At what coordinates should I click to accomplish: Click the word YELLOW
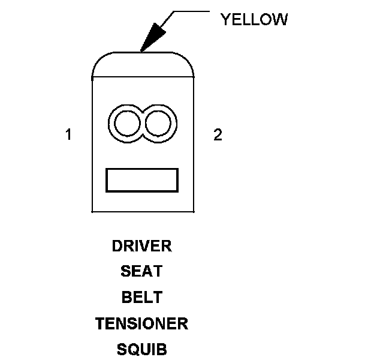[x=254, y=20]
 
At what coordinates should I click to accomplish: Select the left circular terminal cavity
[x=126, y=124]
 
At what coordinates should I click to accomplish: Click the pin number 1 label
[x=68, y=135]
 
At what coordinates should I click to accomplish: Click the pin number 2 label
[x=218, y=135]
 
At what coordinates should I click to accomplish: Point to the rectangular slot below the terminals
[x=142, y=180]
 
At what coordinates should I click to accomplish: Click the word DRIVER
[x=141, y=246]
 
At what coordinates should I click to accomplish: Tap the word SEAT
[x=141, y=272]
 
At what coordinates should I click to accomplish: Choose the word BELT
[x=141, y=298]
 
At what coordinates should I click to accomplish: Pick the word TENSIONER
[x=141, y=324]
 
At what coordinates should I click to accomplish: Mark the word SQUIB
[x=141, y=350]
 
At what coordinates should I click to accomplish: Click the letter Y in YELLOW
[x=225, y=20]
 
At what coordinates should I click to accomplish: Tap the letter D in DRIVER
[x=117, y=246]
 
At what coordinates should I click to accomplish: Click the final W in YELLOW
[x=280, y=20]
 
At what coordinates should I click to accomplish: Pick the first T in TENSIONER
[x=99, y=324]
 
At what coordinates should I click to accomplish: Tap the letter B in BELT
[x=126, y=298]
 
